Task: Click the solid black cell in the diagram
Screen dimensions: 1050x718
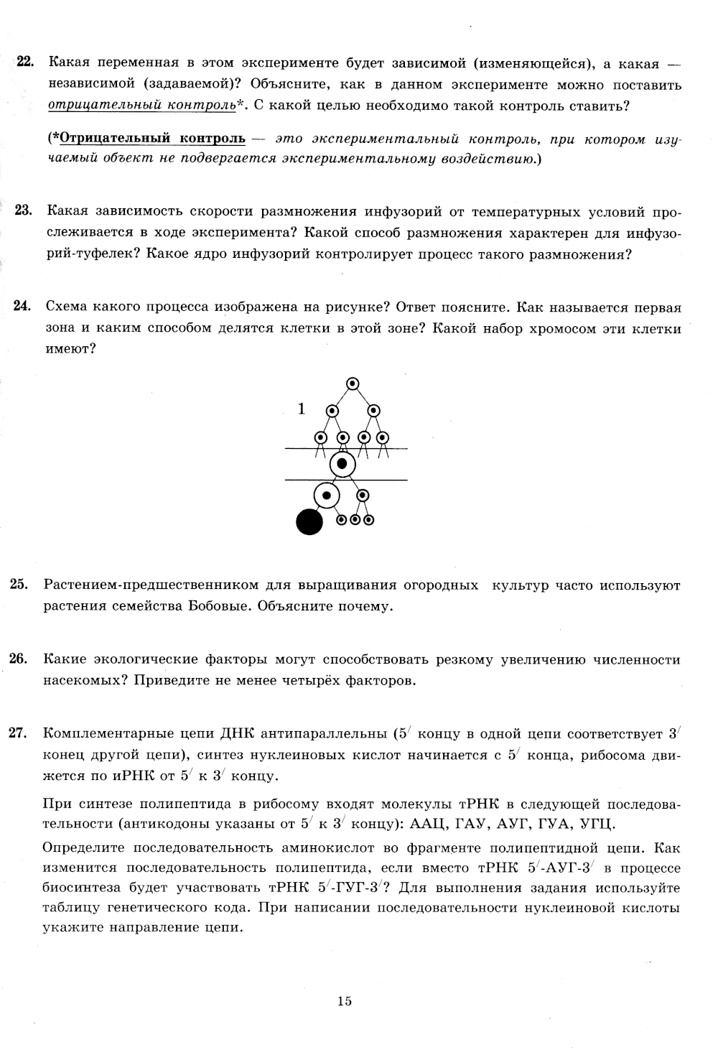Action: (309, 521)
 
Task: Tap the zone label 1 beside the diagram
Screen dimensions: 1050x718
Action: (302, 409)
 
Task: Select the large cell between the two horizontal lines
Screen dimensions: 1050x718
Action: (342, 464)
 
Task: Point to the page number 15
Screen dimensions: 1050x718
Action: (344, 1001)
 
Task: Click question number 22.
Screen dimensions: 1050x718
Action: (25, 63)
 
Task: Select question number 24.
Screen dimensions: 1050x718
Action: (22, 307)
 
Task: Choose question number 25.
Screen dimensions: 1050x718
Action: (19, 585)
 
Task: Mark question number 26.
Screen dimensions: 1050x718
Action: (19, 659)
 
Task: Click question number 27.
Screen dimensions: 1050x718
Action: (19, 733)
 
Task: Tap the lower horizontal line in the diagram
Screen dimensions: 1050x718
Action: (381, 479)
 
